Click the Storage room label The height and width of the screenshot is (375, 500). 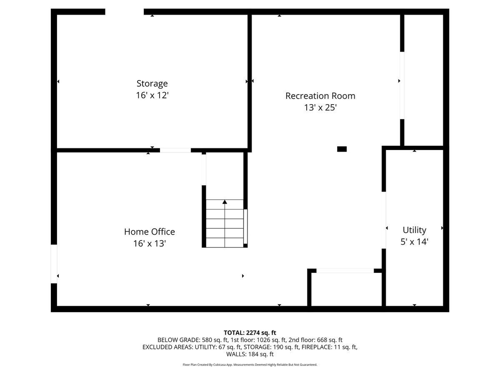coord(152,83)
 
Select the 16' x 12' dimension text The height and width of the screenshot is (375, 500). coord(152,95)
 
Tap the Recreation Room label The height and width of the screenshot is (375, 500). coord(320,96)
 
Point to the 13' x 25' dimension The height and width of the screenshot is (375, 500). coord(320,107)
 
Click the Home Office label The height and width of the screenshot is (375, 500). coord(150,232)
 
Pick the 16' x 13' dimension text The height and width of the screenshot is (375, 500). coord(150,243)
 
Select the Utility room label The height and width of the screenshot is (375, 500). coord(414,230)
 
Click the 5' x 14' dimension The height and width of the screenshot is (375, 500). coord(414,242)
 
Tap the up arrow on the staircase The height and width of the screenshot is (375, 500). coord(225,202)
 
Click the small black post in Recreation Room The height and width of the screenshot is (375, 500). coord(342,149)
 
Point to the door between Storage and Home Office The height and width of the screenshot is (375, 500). coord(175,150)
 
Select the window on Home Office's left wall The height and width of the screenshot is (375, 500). coord(54,264)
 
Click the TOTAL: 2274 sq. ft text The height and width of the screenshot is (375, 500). coord(250,332)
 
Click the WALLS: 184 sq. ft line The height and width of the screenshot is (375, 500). coord(250,354)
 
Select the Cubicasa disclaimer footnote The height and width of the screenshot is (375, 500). coord(250,365)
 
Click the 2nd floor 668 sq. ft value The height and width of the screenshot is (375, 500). coord(327,340)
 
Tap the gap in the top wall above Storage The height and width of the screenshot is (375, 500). coord(124,12)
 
